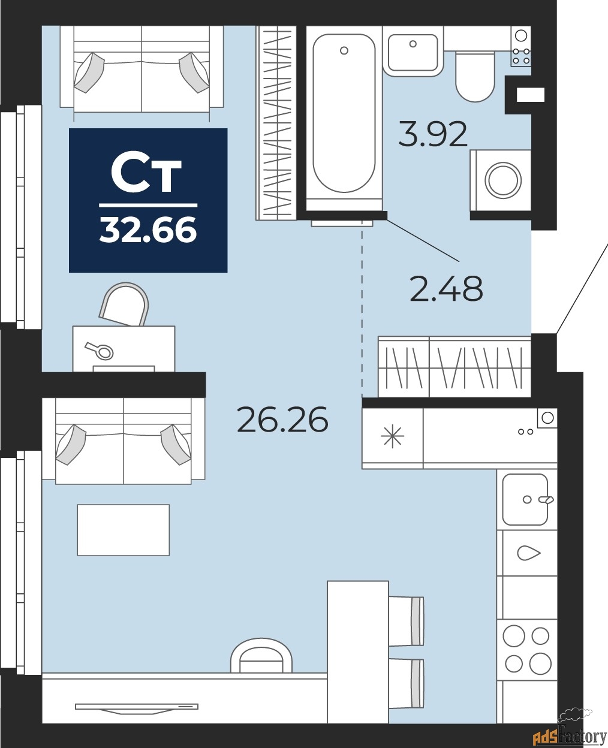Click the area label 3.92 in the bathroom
(x=433, y=134)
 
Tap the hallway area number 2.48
(x=446, y=289)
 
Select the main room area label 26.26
(x=282, y=419)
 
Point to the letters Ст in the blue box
(x=147, y=174)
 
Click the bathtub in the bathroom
(x=344, y=114)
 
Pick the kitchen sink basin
(x=525, y=499)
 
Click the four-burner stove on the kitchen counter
(x=526, y=649)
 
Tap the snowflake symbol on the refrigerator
(x=393, y=436)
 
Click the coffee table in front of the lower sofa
(x=123, y=530)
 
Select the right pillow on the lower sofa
(x=176, y=444)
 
